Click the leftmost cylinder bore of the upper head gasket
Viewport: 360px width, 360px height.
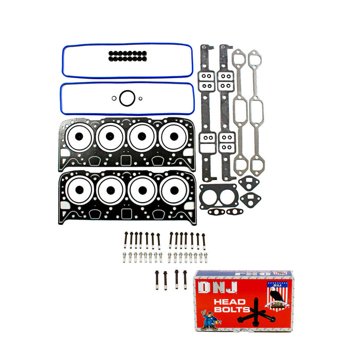[x=79, y=137]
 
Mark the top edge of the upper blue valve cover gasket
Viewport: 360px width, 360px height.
[x=127, y=44]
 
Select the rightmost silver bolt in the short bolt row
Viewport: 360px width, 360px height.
[x=206, y=257]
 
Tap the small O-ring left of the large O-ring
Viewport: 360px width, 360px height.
[x=113, y=98]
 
